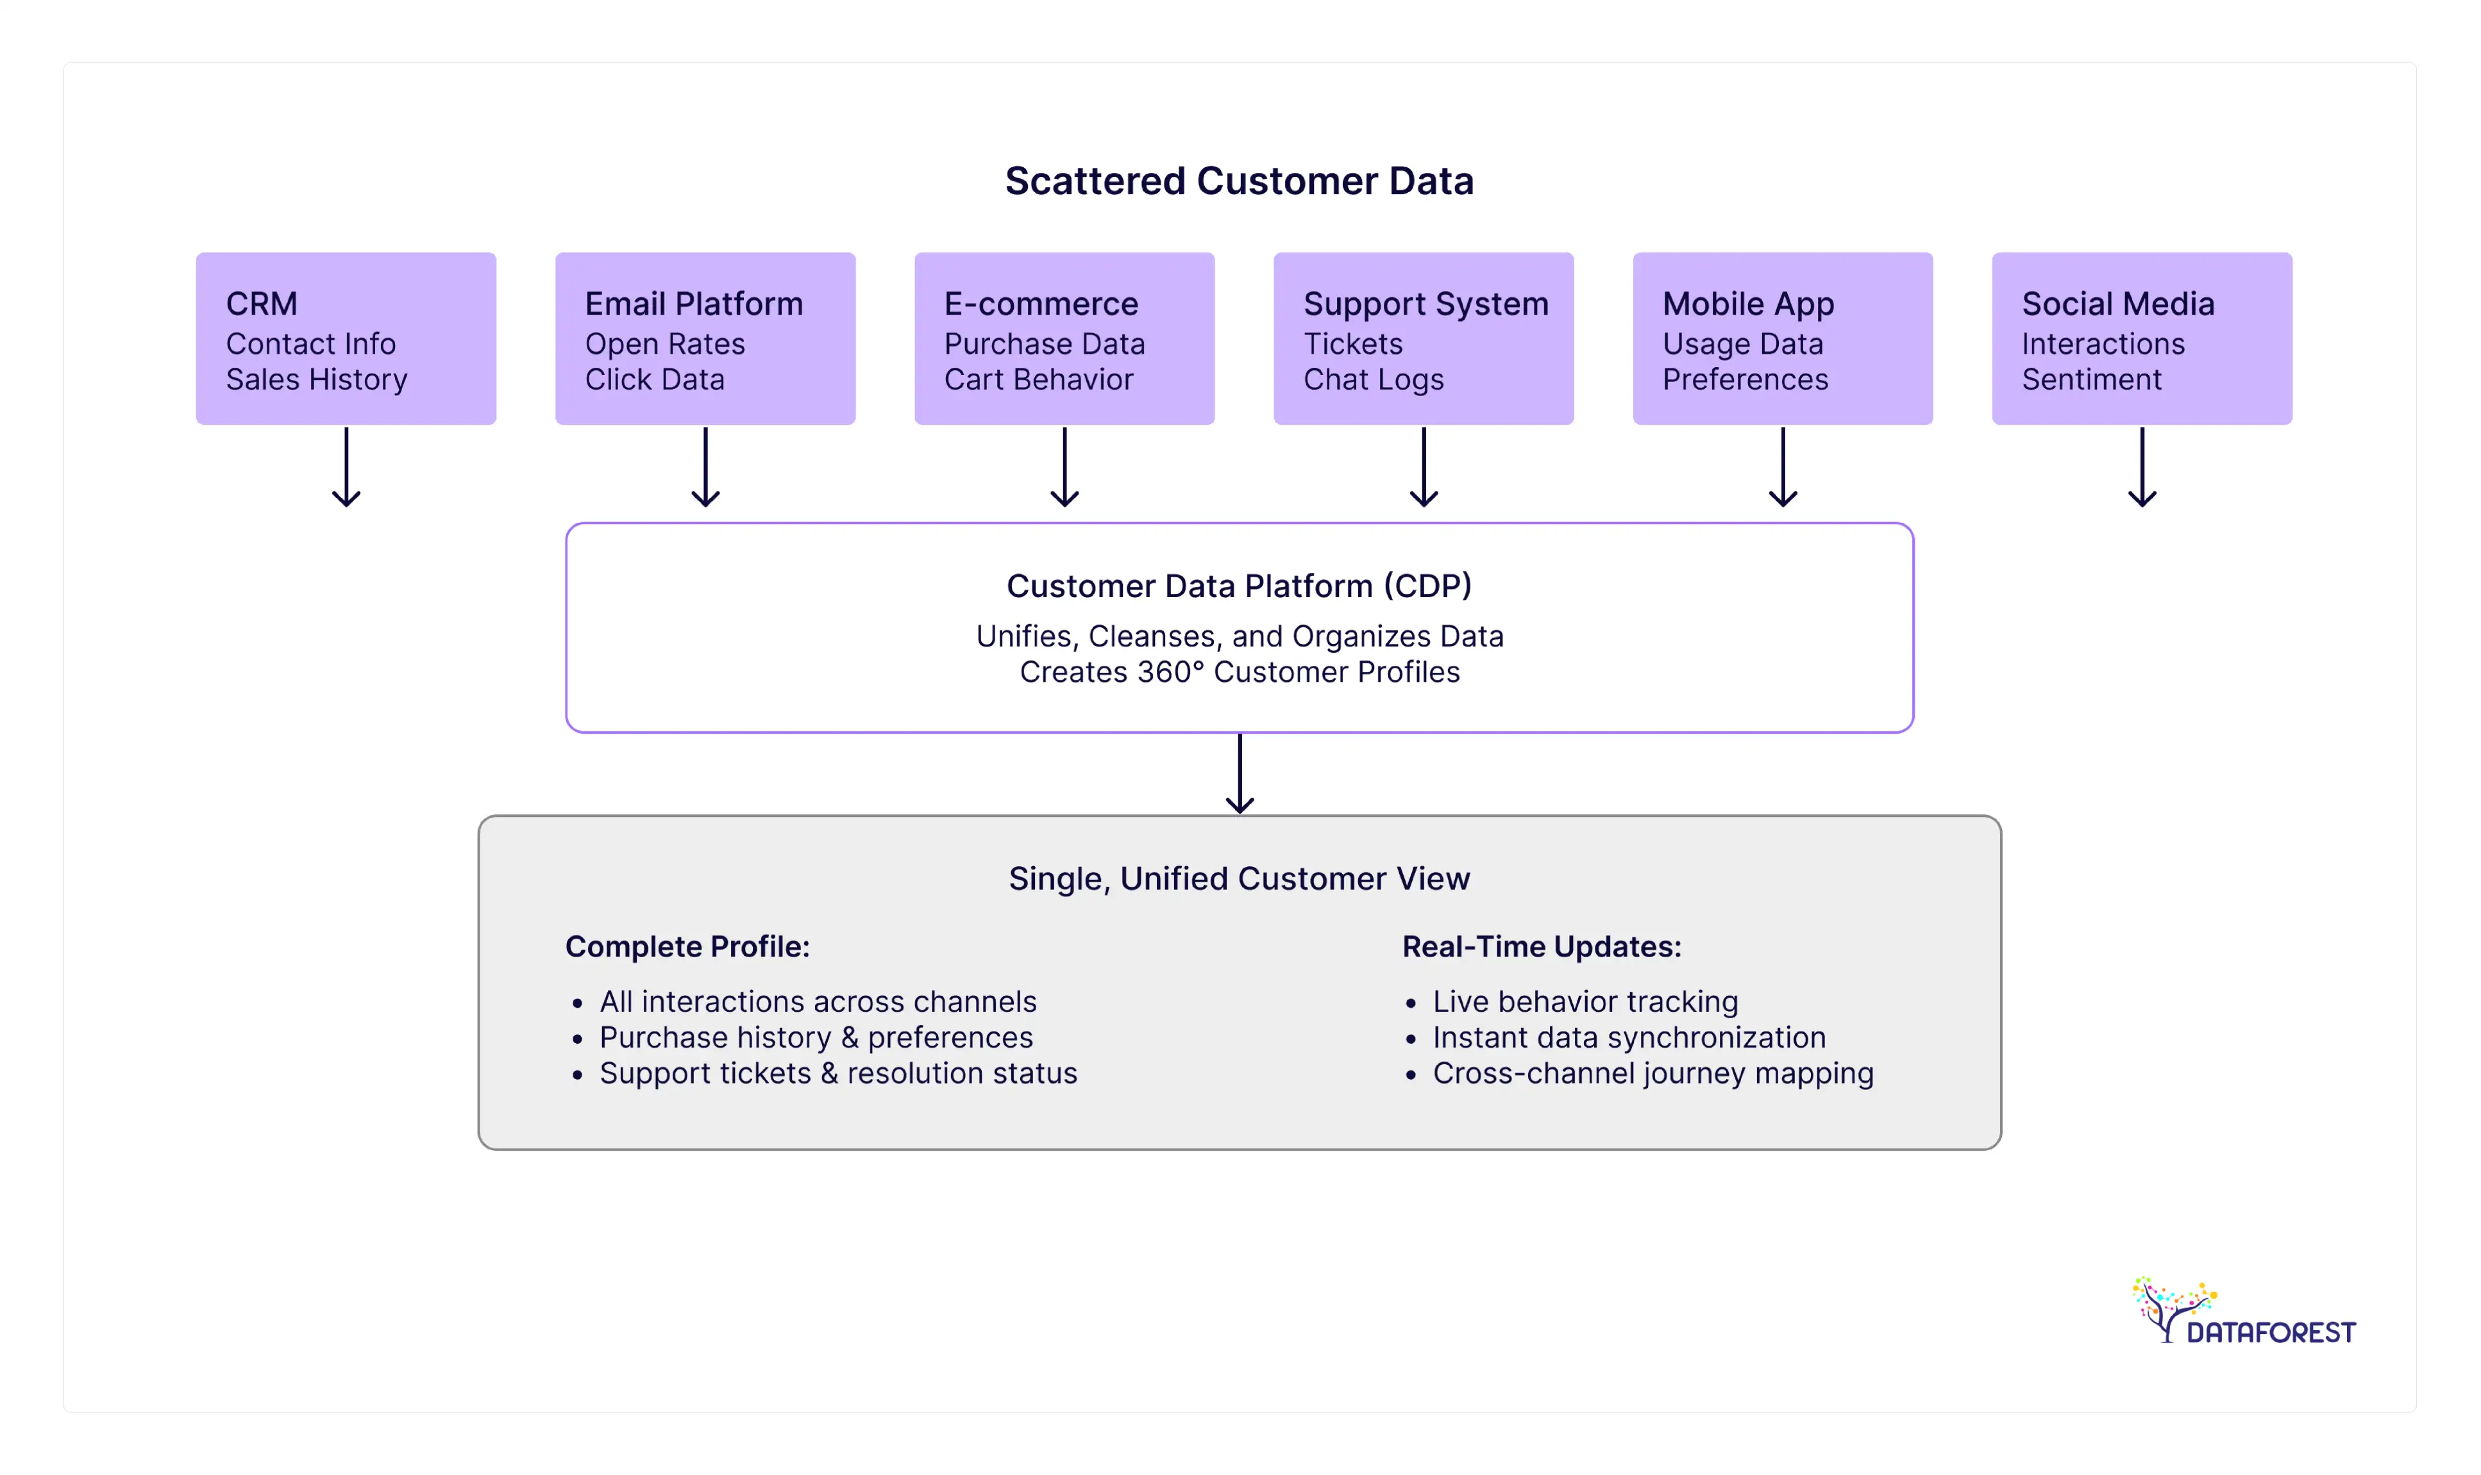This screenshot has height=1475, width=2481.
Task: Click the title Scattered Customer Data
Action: pyautogui.click(x=1239, y=181)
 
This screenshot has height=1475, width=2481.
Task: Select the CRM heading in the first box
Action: pyautogui.click(x=262, y=303)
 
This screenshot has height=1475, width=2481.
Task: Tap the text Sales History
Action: pyautogui.click(x=316, y=380)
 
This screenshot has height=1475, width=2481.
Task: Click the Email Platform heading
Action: pyautogui.click(x=693, y=303)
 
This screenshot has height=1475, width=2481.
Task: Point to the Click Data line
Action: pyautogui.click(x=654, y=380)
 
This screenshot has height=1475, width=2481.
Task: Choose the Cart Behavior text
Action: pyautogui.click(x=1038, y=380)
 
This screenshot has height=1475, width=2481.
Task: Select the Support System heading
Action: pyautogui.click(x=1425, y=303)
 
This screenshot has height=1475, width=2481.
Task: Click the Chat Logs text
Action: pyautogui.click(x=1374, y=380)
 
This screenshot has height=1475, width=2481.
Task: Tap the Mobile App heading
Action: pyautogui.click(x=1748, y=303)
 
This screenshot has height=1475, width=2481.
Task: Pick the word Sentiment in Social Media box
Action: pyautogui.click(x=2091, y=380)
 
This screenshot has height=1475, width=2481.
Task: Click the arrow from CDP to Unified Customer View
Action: pyautogui.click(x=1239, y=773)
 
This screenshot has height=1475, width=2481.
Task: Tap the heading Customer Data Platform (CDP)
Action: pyautogui.click(x=1239, y=586)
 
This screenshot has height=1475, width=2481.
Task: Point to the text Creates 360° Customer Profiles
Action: pyautogui.click(x=1239, y=672)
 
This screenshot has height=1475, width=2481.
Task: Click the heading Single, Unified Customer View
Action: pyautogui.click(x=1239, y=878)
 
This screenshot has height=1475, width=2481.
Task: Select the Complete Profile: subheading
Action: pyautogui.click(x=687, y=946)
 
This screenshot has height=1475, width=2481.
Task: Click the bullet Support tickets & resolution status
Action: pyautogui.click(x=837, y=1073)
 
